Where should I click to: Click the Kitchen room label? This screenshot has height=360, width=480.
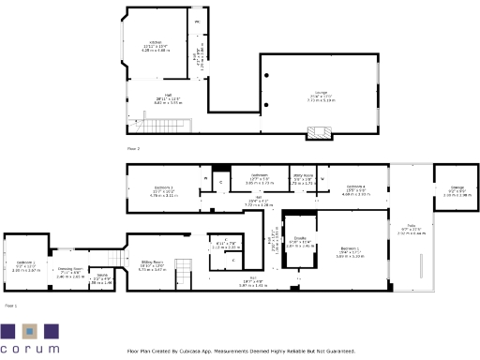157,43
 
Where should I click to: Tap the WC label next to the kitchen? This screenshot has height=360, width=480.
198,21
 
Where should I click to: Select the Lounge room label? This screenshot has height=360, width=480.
322,92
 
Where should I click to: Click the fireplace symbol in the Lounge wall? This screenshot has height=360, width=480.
320,134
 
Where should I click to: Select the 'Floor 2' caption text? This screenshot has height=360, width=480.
132,148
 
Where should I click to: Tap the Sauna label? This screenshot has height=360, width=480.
102,277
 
